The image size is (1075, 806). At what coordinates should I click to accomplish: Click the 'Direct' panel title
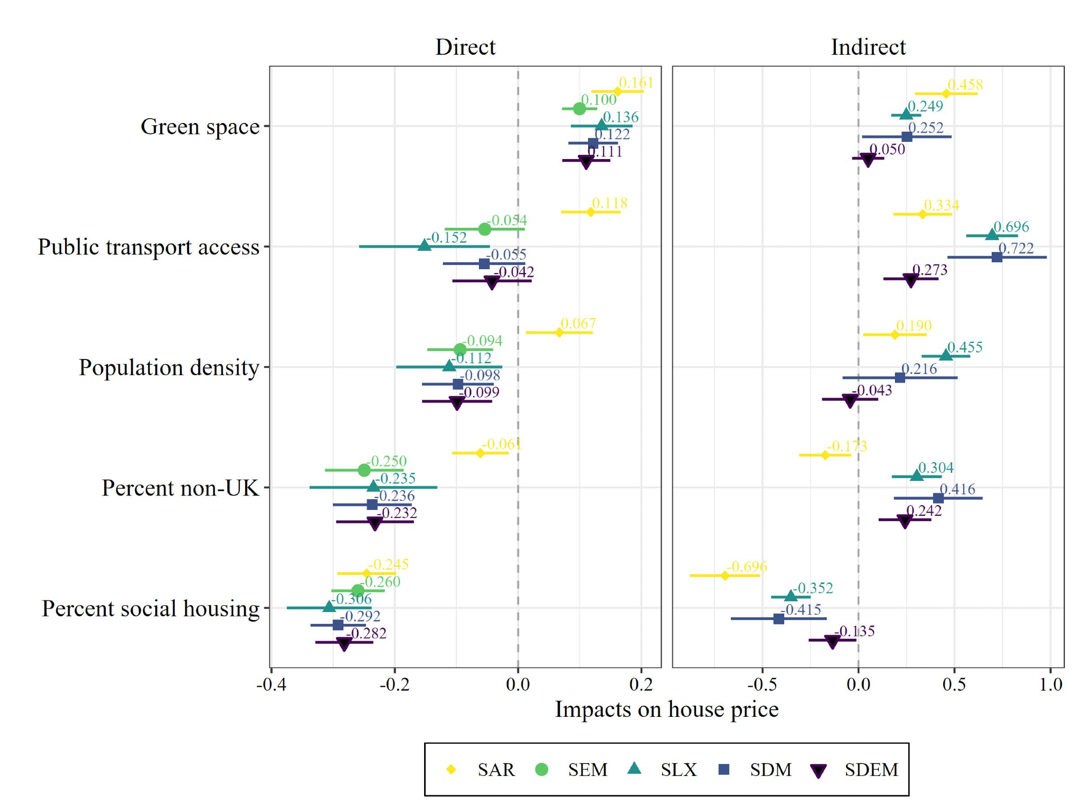(x=465, y=47)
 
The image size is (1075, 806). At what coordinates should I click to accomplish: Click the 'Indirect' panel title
(x=868, y=47)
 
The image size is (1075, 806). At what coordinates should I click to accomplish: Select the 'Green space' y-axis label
(x=200, y=127)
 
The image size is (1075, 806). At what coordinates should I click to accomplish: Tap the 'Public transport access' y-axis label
(x=148, y=247)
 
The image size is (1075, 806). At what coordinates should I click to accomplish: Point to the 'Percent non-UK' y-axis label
(x=181, y=488)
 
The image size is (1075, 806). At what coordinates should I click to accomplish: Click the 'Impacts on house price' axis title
(x=666, y=709)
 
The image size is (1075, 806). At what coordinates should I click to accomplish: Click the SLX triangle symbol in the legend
(x=634, y=768)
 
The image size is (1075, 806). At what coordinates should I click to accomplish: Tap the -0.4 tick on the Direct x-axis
(x=271, y=685)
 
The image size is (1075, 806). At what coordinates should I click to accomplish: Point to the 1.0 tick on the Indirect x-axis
(x=1051, y=685)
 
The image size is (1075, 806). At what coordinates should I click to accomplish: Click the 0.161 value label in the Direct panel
(x=636, y=83)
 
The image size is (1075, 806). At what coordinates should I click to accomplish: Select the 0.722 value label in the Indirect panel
(x=1016, y=248)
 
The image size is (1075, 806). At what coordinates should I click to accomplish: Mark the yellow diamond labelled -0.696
(x=725, y=575)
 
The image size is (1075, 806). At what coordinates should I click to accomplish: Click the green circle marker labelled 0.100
(x=579, y=109)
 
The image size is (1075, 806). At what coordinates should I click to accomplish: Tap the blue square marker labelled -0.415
(x=778, y=618)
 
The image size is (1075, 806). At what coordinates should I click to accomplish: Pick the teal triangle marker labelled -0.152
(x=424, y=246)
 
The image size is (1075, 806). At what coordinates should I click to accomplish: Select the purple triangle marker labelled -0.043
(x=850, y=401)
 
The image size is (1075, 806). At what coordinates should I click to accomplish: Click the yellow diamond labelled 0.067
(x=559, y=333)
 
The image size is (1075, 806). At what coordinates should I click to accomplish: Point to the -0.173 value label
(x=847, y=446)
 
